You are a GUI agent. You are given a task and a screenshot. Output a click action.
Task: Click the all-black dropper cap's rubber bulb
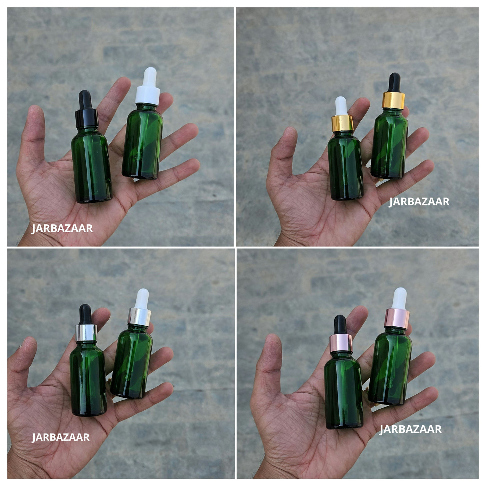(85, 100)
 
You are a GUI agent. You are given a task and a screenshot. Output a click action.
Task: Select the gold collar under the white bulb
(342, 123)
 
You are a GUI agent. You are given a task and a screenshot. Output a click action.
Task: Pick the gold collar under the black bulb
(393, 100)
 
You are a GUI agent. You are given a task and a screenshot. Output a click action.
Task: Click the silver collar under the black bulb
(86, 333)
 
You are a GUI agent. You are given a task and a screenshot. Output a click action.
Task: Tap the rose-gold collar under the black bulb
(341, 343)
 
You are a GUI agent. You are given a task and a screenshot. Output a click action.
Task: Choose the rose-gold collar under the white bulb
(397, 319)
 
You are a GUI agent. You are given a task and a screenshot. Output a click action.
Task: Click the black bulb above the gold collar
(394, 83)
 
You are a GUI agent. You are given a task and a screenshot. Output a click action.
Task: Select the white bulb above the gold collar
(341, 106)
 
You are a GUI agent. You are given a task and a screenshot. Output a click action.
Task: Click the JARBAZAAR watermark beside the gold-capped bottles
(419, 202)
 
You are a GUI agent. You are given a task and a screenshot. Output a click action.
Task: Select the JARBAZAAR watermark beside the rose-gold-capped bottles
(410, 429)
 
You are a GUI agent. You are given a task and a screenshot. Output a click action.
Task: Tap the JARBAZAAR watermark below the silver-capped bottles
(60, 437)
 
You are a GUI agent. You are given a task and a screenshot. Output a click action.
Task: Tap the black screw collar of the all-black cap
(86, 118)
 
